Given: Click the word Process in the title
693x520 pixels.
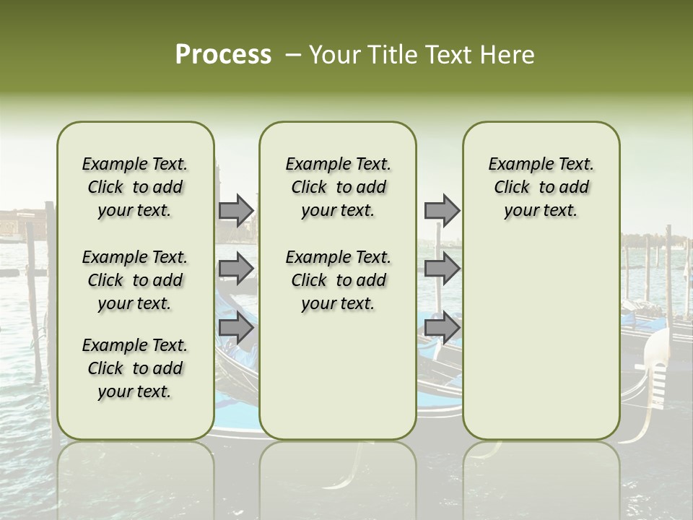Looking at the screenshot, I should click(223, 55).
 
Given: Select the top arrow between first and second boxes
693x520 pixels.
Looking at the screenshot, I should click(236, 211).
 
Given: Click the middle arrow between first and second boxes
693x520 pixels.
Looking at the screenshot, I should click(236, 269).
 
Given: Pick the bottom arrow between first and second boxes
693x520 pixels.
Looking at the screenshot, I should click(236, 328).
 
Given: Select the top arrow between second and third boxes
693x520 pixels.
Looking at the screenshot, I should click(442, 211).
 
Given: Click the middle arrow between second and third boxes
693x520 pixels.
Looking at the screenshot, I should click(442, 269).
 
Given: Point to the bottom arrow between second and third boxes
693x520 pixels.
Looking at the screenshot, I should click(442, 328).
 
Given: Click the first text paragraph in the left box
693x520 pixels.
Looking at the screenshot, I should click(135, 187).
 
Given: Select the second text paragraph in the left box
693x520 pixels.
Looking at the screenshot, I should click(135, 280).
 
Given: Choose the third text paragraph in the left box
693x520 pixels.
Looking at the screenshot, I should click(135, 368).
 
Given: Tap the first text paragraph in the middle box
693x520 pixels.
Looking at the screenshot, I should click(339, 187).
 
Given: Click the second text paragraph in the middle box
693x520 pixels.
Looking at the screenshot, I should click(339, 280).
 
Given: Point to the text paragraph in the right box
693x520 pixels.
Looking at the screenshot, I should click(541, 187).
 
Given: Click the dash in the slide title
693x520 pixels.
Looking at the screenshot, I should click(293, 55).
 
